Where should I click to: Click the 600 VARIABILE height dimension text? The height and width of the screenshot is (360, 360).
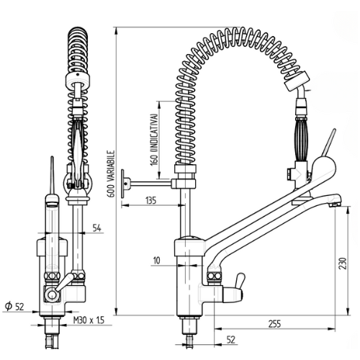coord(111,174)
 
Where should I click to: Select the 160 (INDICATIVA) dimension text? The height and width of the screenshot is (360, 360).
coord(155,140)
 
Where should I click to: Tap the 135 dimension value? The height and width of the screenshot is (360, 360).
coord(151,200)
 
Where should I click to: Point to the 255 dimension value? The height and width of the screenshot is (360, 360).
coord(274,324)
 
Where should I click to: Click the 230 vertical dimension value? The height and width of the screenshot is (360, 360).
coord(343,264)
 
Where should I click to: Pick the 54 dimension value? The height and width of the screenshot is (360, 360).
coord(97,228)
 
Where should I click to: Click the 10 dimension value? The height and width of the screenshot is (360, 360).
coord(156,261)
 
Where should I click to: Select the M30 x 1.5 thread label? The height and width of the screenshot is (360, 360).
coord(89,320)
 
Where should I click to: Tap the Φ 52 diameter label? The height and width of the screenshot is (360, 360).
coord(15,306)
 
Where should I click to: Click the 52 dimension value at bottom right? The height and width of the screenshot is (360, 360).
coord(230,340)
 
